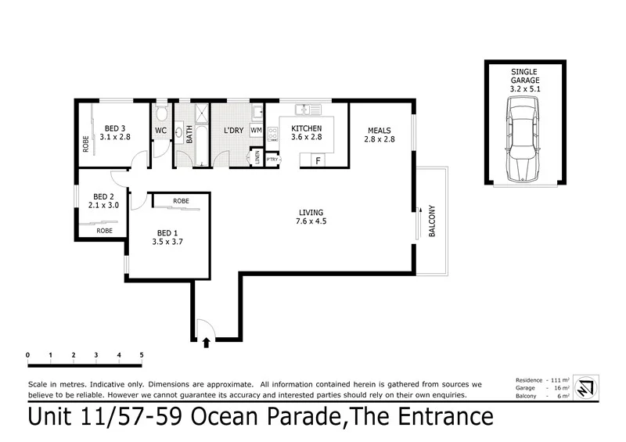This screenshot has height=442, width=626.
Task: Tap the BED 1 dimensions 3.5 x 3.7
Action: [x=167, y=243]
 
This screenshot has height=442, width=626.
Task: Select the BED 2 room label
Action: [x=103, y=196]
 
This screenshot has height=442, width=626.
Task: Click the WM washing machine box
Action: [x=256, y=130]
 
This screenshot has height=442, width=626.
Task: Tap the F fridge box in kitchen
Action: [x=317, y=160]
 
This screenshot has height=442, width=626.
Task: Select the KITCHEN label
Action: [x=306, y=128]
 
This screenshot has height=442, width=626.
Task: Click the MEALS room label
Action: [x=376, y=130]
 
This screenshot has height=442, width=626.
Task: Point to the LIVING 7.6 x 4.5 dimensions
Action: [x=310, y=222]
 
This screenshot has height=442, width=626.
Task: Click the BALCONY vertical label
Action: [x=430, y=221]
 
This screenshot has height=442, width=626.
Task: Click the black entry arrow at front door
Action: [x=206, y=342]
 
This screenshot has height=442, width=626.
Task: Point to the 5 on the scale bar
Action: [x=142, y=354]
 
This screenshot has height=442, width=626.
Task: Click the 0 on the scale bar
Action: [x=27, y=354]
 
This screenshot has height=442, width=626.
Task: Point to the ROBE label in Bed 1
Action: [x=181, y=201]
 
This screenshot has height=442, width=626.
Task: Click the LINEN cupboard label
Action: [x=257, y=158]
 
